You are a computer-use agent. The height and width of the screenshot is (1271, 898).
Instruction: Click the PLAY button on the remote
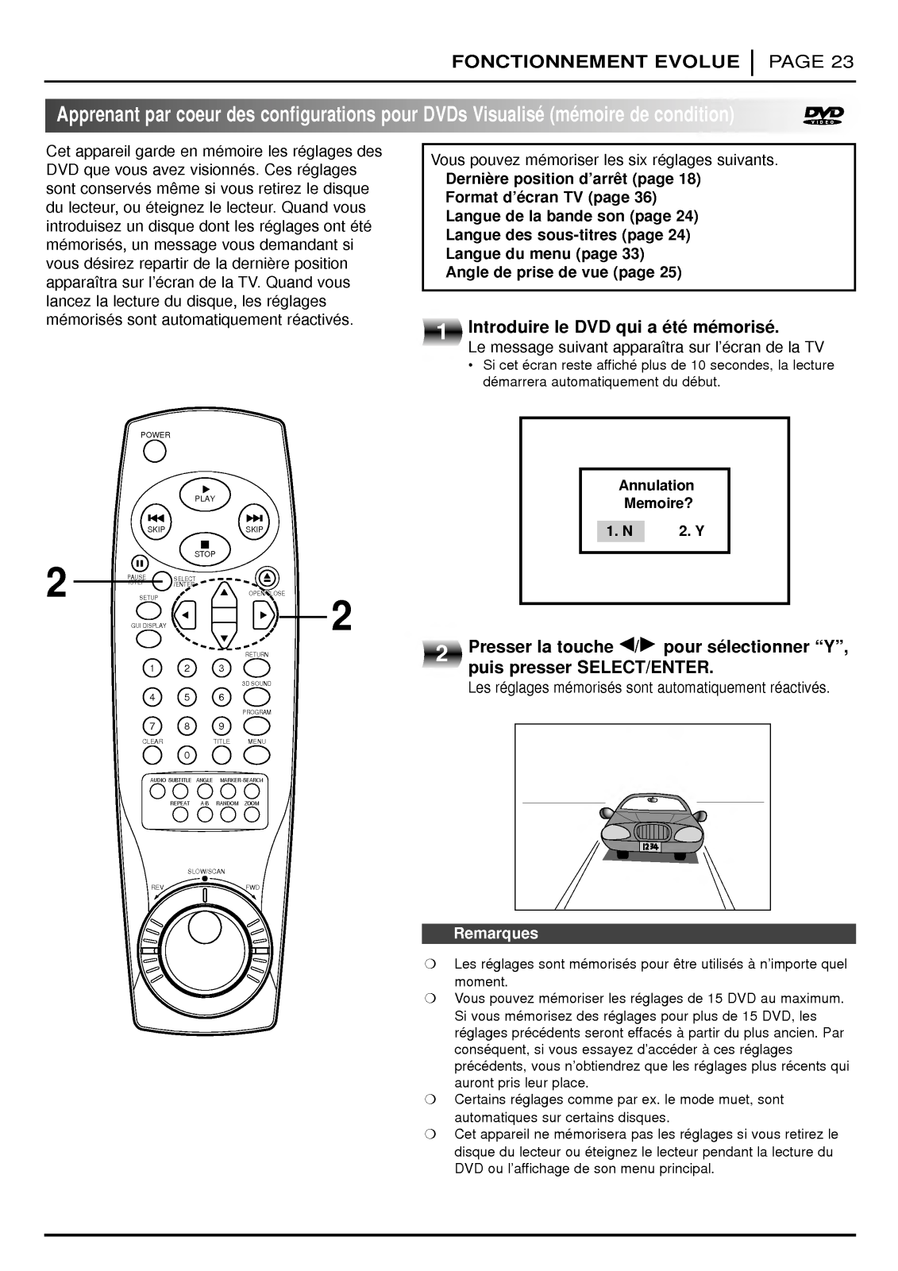pyautogui.click(x=204, y=494)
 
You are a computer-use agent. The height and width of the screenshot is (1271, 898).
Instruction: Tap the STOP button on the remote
pyautogui.click(x=204, y=548)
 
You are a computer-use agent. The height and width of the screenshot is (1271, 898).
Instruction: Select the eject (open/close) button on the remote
pyautogui.click(x=266, y=578)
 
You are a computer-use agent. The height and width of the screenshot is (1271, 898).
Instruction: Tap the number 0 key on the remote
pyautogui.click(x=187, y=754)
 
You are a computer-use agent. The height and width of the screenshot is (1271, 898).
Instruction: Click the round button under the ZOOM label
pyautogui.click(x=252, y=815)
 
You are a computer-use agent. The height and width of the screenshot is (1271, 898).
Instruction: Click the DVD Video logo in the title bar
pyautogui.click(x=825, y=115)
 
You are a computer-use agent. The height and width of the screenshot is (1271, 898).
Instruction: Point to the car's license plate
pyautogui.click(x=649, y=848)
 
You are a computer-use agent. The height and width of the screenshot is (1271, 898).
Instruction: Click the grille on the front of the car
pyautogui.click(x=649, y=830)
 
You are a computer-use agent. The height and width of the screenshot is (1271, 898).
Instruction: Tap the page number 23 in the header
pyautogui.click(x=842, y=62)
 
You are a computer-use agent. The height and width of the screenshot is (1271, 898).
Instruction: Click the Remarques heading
pyautogui.click(x=495, y=934)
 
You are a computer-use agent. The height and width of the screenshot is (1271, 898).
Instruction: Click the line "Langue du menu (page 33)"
pyautogui.click(x=545, y=254)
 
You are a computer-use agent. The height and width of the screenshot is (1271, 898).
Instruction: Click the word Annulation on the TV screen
pyautogui.click(x=656, y=485)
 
